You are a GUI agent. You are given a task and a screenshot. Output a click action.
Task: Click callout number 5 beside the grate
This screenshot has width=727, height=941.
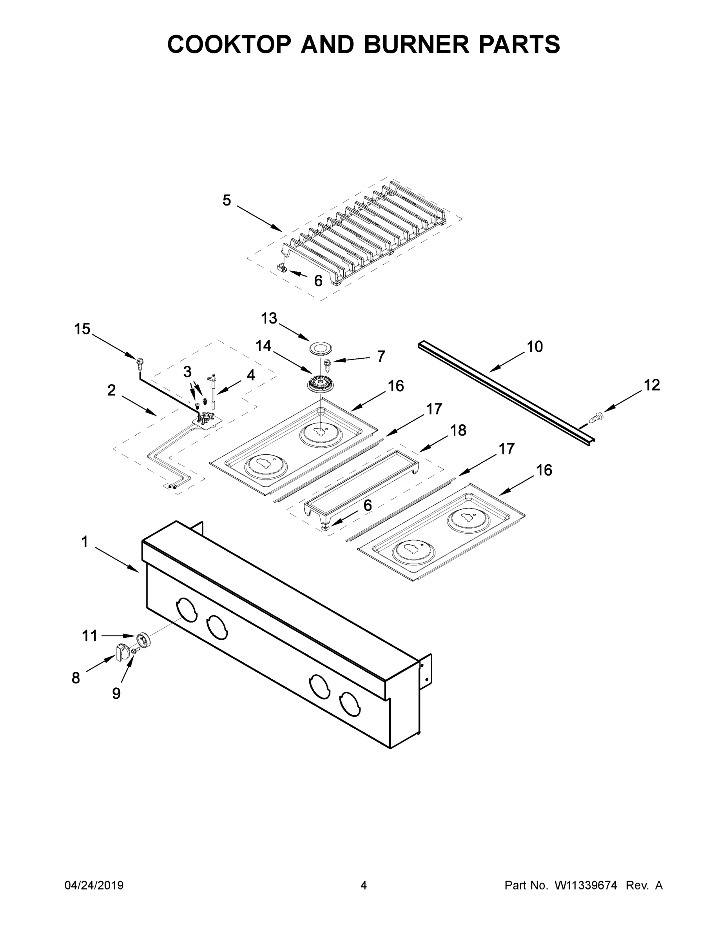[x=227, y=200]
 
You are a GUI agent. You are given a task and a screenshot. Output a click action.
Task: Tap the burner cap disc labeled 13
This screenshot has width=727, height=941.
[x=319, y=348]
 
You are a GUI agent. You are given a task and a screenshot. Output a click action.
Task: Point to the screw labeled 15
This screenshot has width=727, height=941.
[x=139, y=362]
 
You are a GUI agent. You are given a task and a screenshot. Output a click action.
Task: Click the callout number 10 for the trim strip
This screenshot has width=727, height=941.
[x=535, y=347]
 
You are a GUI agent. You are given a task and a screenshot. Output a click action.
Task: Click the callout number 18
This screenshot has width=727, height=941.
[x=458, y=430]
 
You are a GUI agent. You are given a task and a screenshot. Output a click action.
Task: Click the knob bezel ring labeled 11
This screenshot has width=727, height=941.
[x=142, y=640]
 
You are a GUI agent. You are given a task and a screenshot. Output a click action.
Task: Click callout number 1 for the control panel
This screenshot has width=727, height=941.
[x=84, y=541]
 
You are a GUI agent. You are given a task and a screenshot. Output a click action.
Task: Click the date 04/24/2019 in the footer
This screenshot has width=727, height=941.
[x=94, y=885]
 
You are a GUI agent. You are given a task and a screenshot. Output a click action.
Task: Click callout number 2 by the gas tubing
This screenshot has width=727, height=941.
[x=111, y=391]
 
